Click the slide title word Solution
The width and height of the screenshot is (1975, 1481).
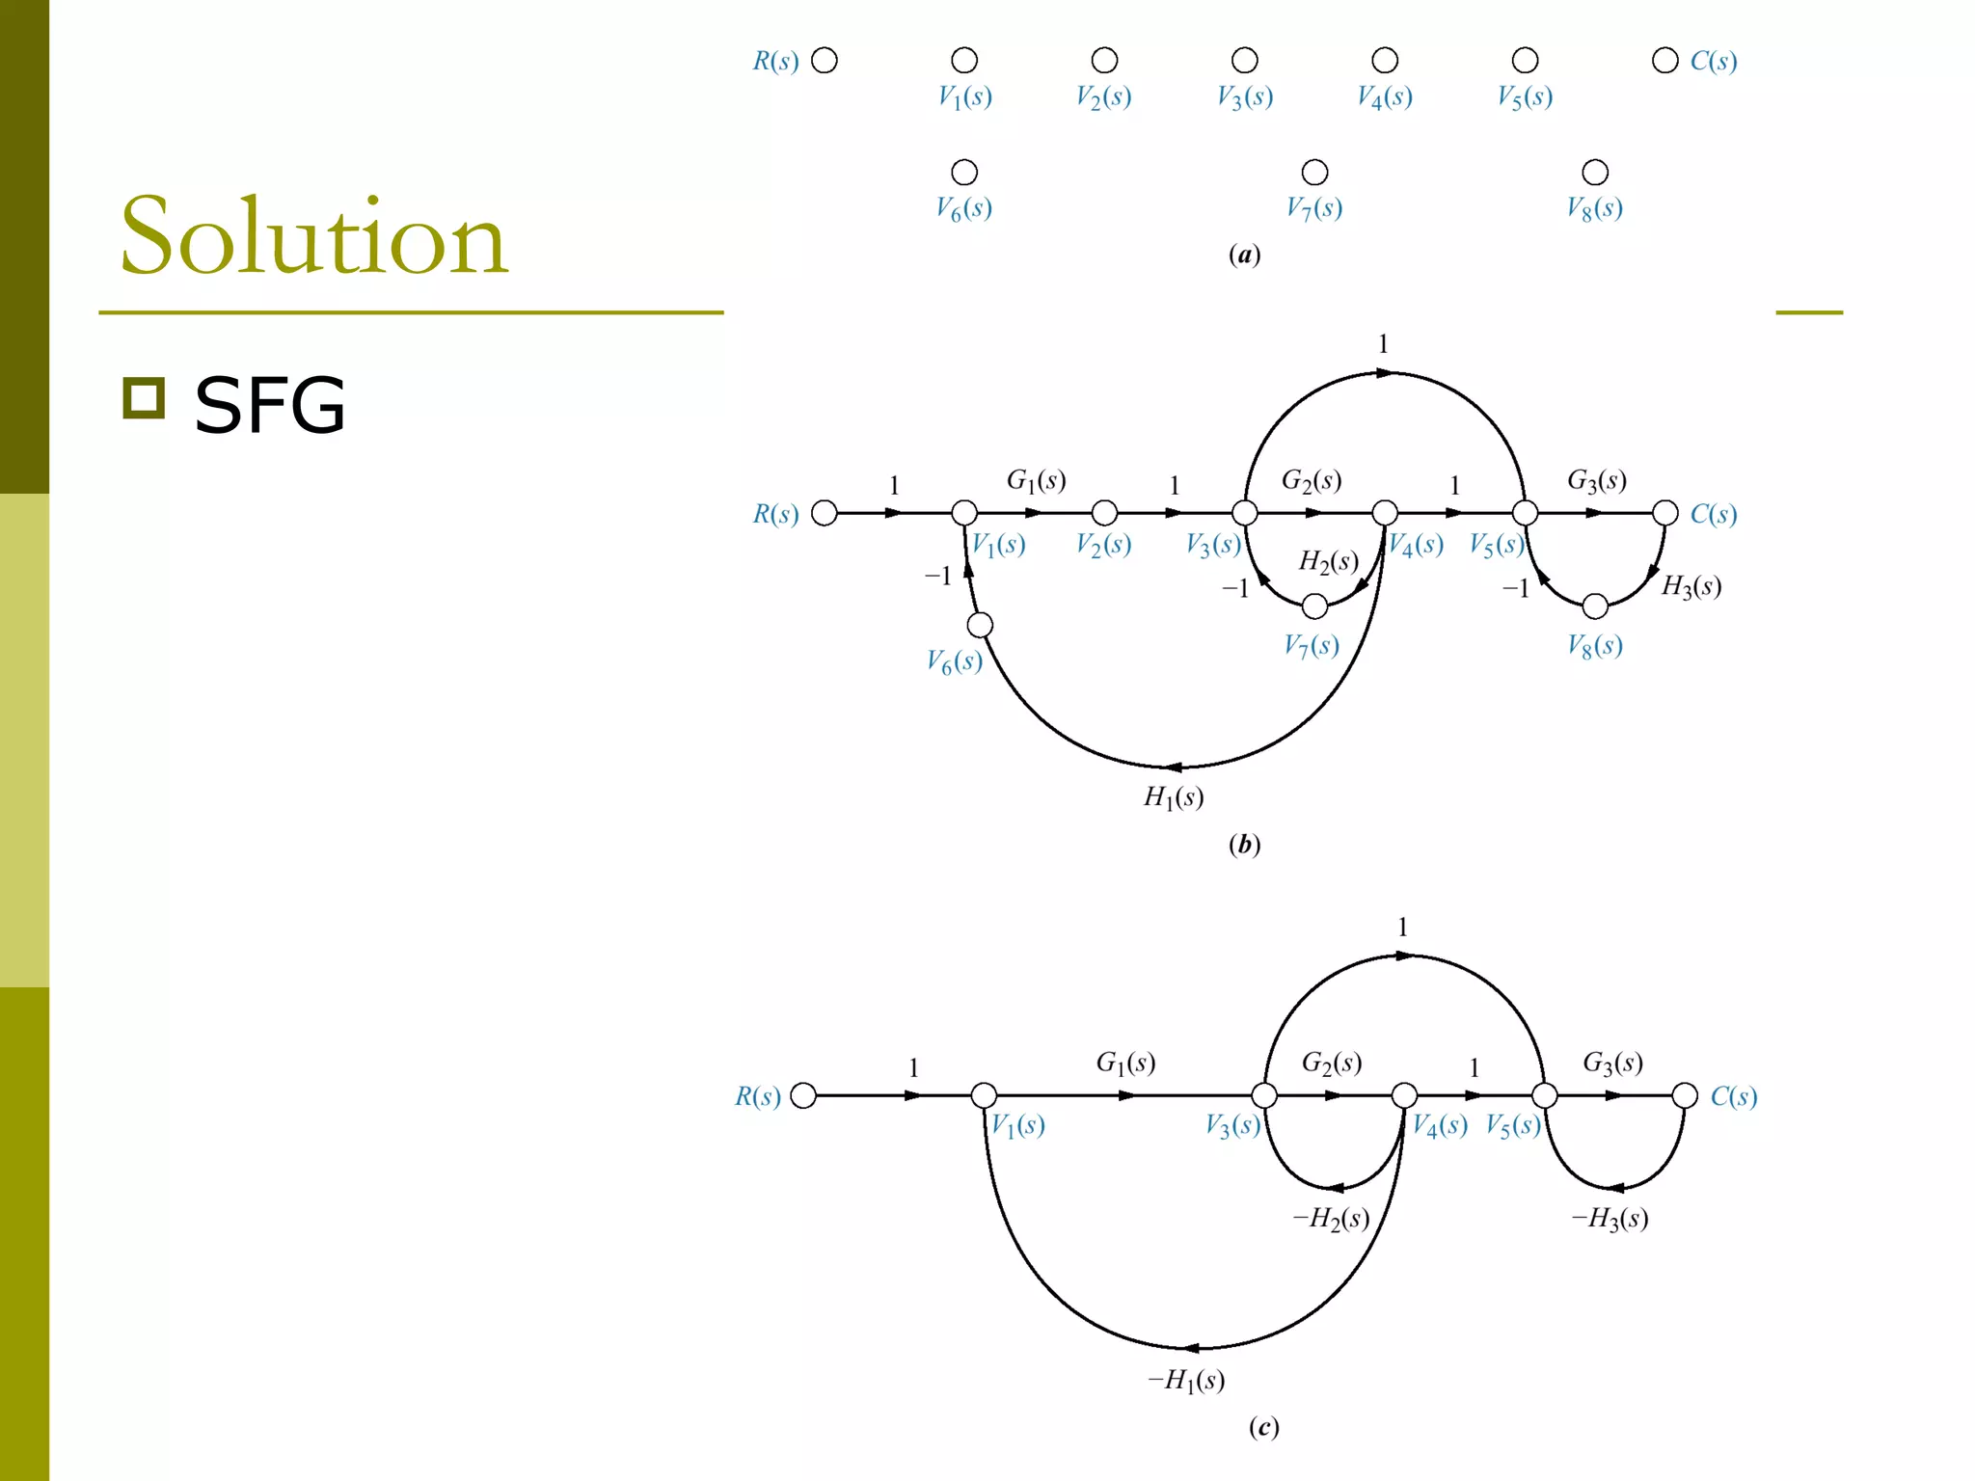pyautogui.click(x=313, y=236)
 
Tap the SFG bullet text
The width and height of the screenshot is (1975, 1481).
pyautogui.click(x=269, y=405)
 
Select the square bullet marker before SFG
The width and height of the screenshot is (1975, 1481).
pyautogui.click(x=144, y=398)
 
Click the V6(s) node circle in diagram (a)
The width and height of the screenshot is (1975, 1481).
pyautogui.click(x=964, y=173)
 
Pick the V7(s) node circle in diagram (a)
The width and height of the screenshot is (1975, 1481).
pyautogui.click(x=1314, y=173)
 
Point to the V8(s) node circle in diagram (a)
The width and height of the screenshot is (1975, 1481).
pyautogui.click(x=1595, y=173)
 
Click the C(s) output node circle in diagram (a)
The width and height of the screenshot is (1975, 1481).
pyautogui.click(x=1665, y=61)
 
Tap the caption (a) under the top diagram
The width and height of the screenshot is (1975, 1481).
pyautogui.click(x=1244, y=255)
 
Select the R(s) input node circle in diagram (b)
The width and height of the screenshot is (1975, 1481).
pyautogui.click(x=825, y=513)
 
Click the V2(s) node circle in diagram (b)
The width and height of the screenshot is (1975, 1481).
pyautogui.click(x=1104, y=513)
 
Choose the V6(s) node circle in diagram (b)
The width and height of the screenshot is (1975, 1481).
pyautogui.click(x=980, y=625)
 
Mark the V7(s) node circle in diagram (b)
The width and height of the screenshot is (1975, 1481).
pyautogui.click(x=1314, y=606)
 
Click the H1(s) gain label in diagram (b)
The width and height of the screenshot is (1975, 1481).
pyautogui.click(x=1174, y=797)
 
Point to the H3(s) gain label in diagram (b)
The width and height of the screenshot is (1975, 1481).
pyautogui.click(x=1691, y=586)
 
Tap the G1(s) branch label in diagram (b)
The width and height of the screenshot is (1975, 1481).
pyautogui.click(x=1036, y=480)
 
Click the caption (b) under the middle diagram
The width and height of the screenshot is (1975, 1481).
pyautogui.click(x=1244, y=845)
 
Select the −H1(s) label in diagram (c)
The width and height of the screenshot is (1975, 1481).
pyautogui.click(x=1186, y=1381)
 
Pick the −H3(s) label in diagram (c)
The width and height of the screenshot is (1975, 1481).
pyautogui.click(x=1610, y=1219)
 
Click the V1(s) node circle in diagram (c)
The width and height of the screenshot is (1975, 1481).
pyautogui.click(x=984, y=1095)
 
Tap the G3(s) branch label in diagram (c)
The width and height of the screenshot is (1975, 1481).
pyautogui.click(x=1612, y=1063)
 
